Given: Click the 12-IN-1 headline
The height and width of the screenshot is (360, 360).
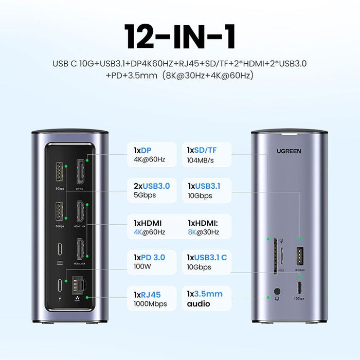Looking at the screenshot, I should [179, 37].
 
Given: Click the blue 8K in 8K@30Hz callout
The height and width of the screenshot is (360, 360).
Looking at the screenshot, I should [194, 232].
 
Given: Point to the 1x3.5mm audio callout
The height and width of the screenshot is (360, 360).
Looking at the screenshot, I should [205, 299].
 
